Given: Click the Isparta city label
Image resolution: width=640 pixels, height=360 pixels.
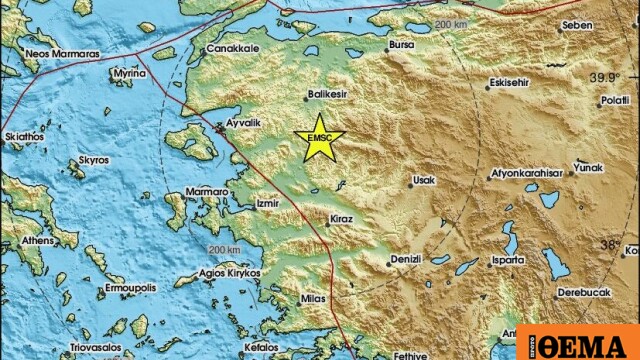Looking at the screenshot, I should [507, 260].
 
